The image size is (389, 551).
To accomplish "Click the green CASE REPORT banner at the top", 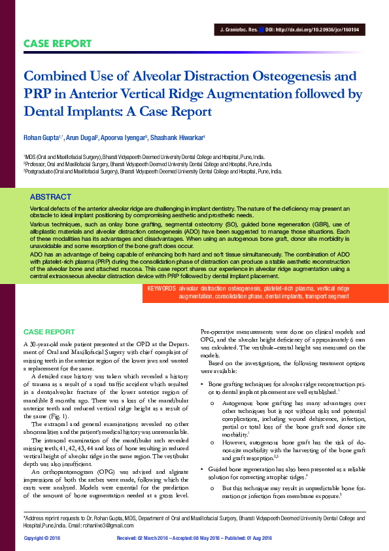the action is coord(58,44).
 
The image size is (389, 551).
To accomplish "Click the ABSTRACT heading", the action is coord(51,197).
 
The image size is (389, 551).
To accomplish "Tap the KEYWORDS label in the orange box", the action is coord(161,288).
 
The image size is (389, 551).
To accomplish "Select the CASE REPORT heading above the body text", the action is coord(49,332).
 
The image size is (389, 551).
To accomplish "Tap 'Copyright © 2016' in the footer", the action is coord(42,537).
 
